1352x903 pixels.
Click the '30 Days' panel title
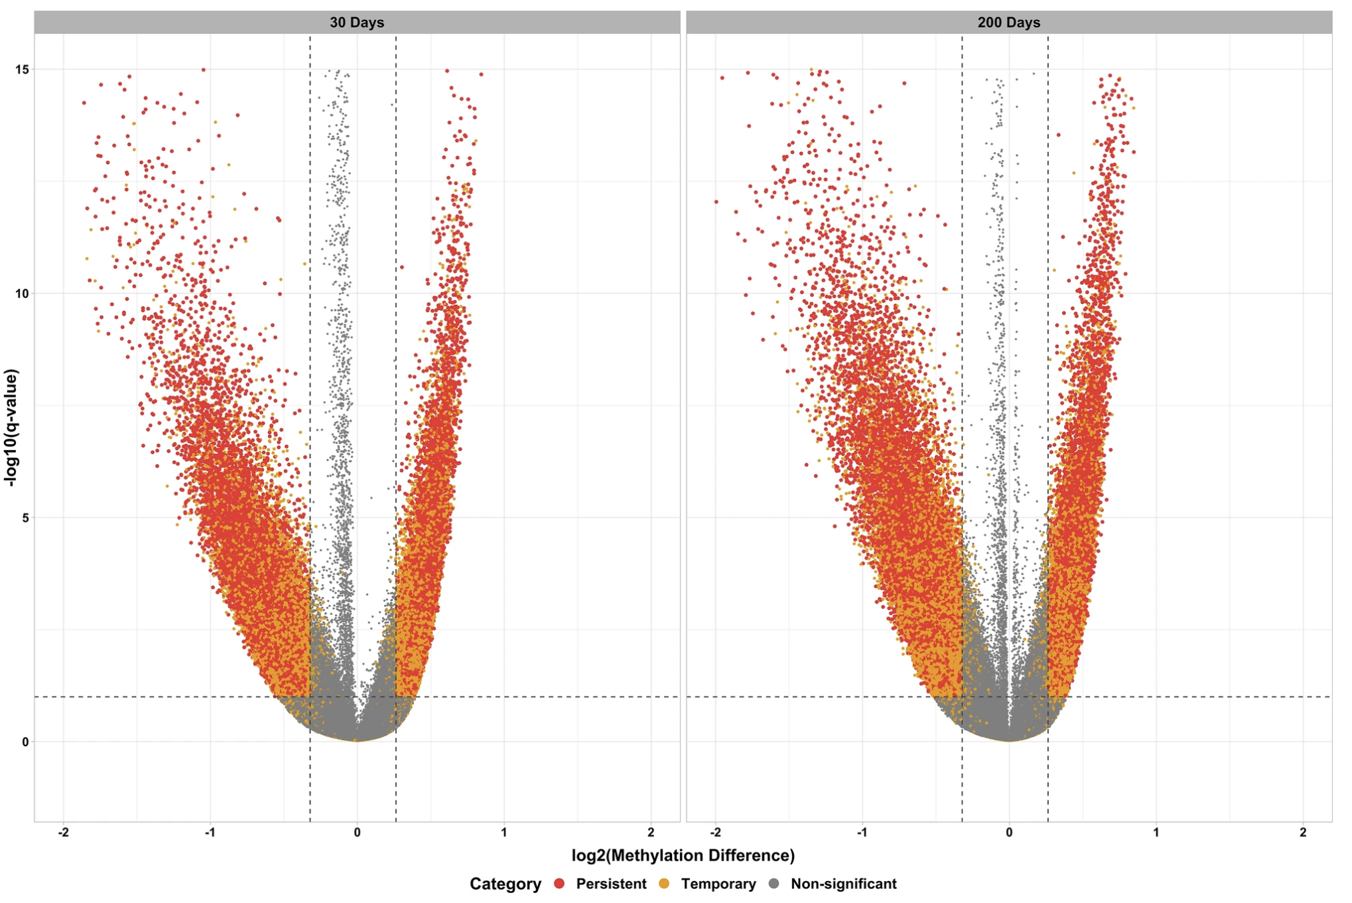pos(357,22)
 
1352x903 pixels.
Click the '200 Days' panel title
pos(1009,22)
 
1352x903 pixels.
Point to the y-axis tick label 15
pos(24,69)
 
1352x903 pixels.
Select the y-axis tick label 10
pos(24,293)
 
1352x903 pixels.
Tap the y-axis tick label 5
pos(26,518)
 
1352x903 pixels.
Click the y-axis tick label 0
pos(26,742)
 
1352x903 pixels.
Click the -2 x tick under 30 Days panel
pos(63,832)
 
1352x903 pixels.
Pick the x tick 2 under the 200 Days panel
pos(1303,832)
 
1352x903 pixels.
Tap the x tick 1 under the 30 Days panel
pos(504,832)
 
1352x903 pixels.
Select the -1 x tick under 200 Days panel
pos(861,832)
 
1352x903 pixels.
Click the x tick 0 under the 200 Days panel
pos(1009,832)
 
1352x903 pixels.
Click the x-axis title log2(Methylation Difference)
pos(683,856)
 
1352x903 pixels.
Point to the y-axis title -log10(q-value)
pos(11,427)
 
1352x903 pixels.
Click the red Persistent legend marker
pos(560,884)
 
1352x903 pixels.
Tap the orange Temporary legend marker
pos(664,884)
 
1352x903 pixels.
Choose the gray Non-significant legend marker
pos(774,884)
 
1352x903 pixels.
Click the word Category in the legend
pos(505,884)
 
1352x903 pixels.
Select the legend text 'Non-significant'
pos(843,884)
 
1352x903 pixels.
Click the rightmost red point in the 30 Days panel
pos(481,75)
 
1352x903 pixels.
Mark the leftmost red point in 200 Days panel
pos(717,201)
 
